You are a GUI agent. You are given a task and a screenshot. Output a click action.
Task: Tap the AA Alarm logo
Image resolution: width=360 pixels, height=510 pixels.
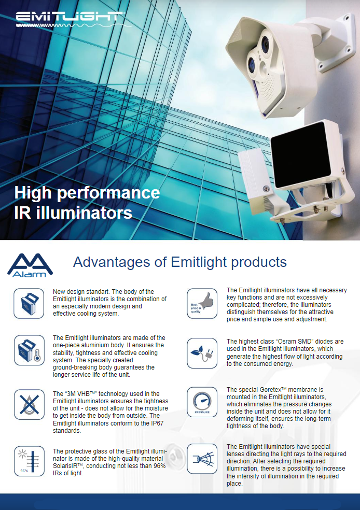(x=30, y=265)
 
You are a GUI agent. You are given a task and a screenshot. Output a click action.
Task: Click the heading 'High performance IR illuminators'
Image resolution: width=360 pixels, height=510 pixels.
(x=87, y=203)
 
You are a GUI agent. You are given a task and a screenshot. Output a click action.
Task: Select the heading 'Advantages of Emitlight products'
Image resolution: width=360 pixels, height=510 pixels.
(x=180, y=262)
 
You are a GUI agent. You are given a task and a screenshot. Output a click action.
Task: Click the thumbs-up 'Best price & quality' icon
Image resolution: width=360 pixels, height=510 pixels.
(x=202, y=303)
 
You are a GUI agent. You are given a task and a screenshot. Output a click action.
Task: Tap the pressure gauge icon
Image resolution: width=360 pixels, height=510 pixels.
(x=202, y=402)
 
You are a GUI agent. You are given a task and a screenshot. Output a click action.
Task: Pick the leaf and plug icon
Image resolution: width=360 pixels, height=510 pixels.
(x=202, y=353)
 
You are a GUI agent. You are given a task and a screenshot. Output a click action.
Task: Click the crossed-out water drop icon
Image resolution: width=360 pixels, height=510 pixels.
(x=29, y=404)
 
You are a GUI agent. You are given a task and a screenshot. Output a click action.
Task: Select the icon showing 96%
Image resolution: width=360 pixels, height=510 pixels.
(x=29, y=461)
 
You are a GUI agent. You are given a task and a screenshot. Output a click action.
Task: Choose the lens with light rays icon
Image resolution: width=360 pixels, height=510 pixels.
(x=202, y=459)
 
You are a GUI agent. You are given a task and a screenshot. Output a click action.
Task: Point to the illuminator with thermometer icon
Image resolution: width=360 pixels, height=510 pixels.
(x=29, y=350)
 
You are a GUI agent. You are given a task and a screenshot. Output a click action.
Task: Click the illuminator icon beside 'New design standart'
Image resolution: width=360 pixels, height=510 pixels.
(x=29, y=303)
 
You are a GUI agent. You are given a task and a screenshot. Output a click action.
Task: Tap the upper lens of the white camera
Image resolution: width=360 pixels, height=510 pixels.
(x=265, y=44)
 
